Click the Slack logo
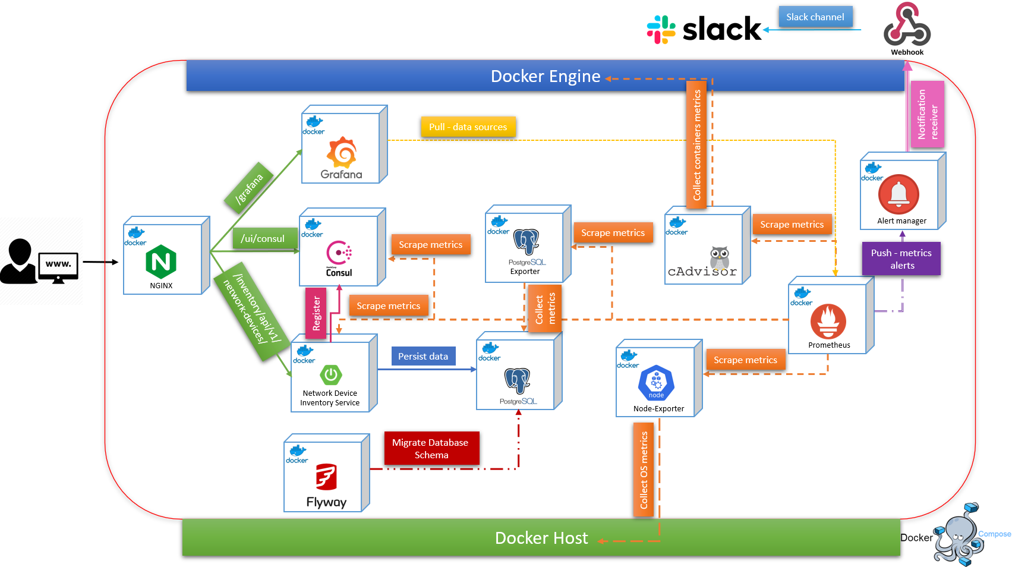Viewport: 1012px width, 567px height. pos(704,29)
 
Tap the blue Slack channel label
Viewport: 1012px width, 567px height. pos(815,17)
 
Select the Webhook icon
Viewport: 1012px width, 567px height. pos(907,26)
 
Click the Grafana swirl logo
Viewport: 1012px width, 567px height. pos(342,152)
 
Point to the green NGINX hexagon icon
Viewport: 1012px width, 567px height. pos(161,262)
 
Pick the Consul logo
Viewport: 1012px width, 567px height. pos(339,253)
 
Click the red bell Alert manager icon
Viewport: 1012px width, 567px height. pos(898,194)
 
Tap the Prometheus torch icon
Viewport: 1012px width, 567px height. pos(828,322)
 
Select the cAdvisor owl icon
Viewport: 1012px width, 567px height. pos(719,257)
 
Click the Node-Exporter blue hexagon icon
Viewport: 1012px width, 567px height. pos(656,383)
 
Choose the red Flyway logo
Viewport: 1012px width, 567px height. pos(326,477)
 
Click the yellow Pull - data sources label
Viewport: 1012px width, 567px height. pos(468,127)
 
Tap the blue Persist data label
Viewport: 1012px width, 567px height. pos(423,357)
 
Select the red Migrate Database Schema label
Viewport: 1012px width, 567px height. pos(431,449)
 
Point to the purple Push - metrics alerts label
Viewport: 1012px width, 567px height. pos(901,259)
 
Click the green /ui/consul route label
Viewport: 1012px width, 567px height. pos(263,238)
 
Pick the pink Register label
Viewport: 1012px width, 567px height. pos(316,313)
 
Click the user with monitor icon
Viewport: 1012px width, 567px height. pos(39,262)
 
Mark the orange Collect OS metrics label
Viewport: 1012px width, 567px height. pos(644,470)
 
